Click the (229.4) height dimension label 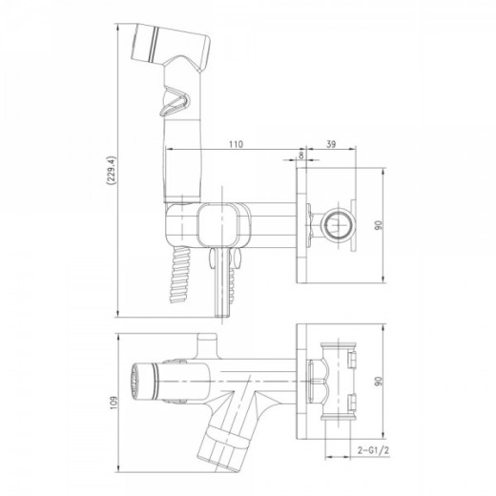112,170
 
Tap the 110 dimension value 236,144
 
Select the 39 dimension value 331,144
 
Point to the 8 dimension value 301,155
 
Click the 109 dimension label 114,403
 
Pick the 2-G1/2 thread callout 373,450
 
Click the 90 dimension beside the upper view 379,225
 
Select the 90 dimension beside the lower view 379,381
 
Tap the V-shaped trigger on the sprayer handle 175,101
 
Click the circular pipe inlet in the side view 339,225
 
